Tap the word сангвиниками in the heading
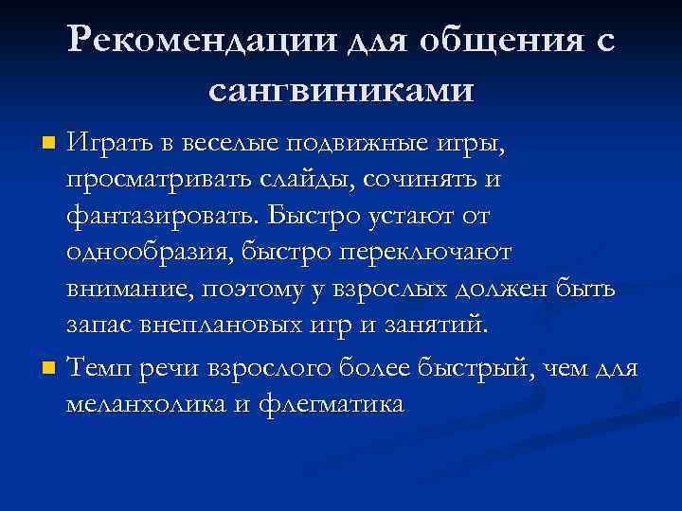pos(340,90)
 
